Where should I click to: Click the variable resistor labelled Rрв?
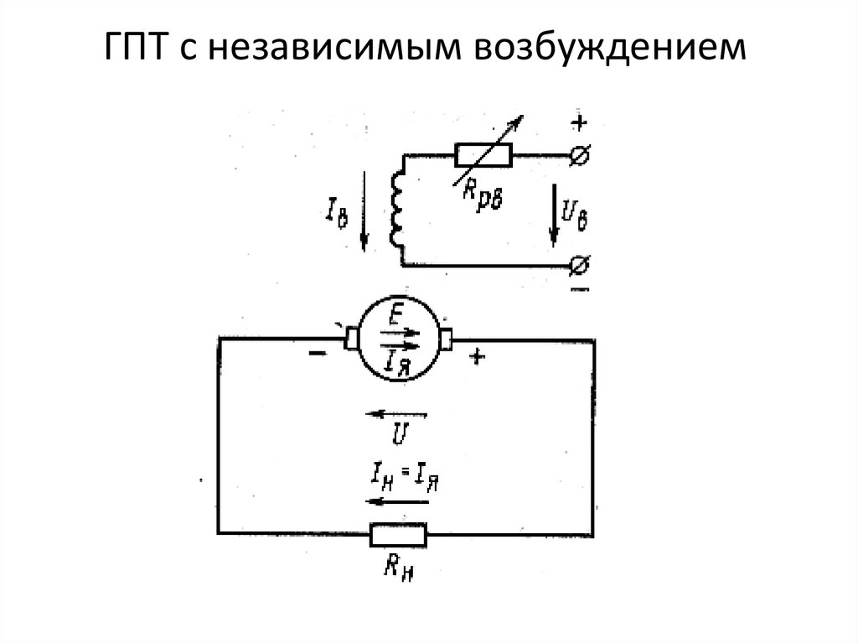pos(483,155)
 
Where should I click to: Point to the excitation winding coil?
pos(398,210)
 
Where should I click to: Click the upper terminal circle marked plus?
pos(579,154)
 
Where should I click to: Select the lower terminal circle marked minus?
pos(579,267)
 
